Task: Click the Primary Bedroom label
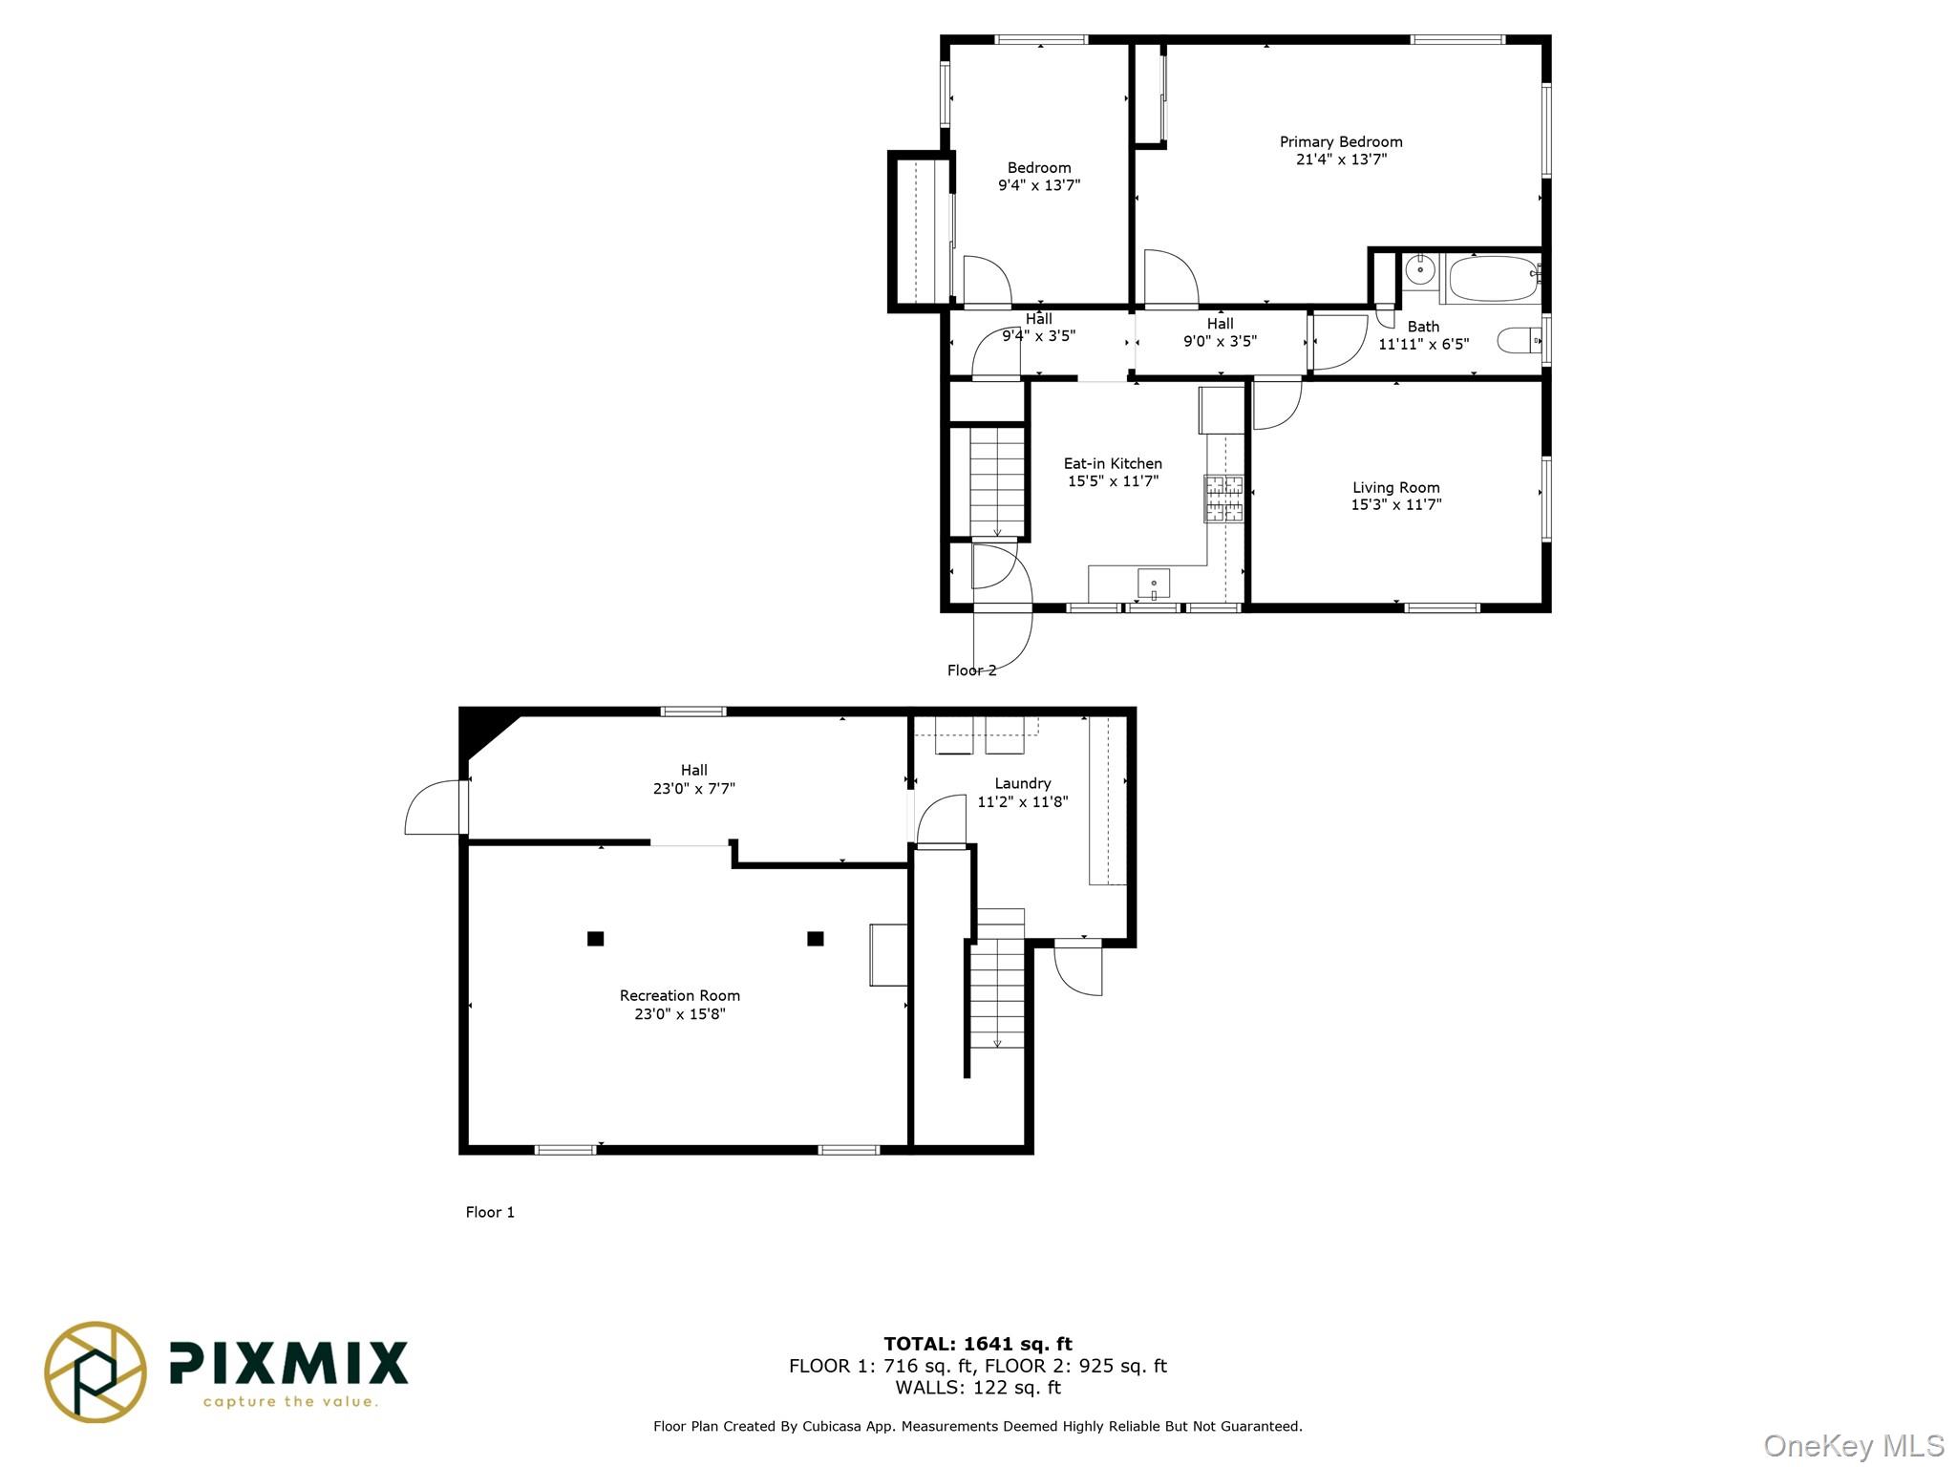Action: (1341, 142)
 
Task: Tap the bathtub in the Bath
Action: (1491, 279)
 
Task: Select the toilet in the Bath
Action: (1518, 339)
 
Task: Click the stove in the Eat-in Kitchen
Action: (1223, 499)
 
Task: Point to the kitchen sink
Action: (1154, 583)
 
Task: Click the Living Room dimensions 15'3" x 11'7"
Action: (1395, 505)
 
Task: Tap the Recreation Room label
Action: (680, 995)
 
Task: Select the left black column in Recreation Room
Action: (595, 939)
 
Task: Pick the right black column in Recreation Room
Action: (816, 939)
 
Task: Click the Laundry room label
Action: (1022, 783)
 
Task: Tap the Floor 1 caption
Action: (490, 1212)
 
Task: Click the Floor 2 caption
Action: (971, 670)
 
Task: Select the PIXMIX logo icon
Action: (96, 1371)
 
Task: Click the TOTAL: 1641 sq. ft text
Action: (978, 1344)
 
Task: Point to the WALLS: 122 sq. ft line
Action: (978, 1388)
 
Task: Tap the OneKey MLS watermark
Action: (1854, 1446)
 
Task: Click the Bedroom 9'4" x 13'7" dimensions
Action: (1039, 185)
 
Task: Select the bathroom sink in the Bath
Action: (1421, 269)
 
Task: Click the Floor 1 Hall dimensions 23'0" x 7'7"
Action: (694, 789)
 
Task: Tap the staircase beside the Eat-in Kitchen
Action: (997, 481)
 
